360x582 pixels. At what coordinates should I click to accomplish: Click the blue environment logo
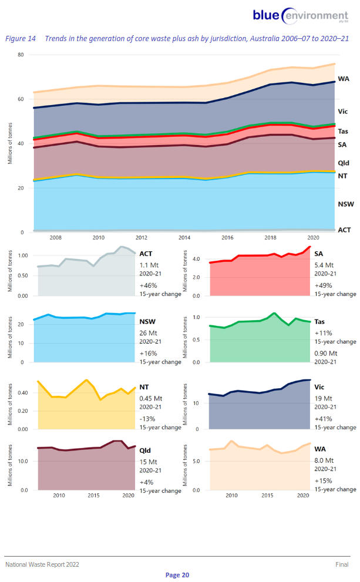pos(300,16)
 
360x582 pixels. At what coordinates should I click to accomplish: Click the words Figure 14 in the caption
pos(20,38)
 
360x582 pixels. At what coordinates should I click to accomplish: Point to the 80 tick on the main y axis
pos(20,55)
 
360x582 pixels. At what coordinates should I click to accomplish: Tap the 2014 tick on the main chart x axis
pos(184,237)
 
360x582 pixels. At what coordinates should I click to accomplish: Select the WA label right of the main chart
pos(344,79)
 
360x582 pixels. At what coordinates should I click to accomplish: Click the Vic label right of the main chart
pos(344,111)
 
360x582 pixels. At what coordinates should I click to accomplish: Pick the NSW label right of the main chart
pos(345,204)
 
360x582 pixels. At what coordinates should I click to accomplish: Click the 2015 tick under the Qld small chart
pos(93,496)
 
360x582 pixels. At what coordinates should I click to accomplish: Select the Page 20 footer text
pos(177,575)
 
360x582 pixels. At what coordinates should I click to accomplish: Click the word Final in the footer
pos(342,564)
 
